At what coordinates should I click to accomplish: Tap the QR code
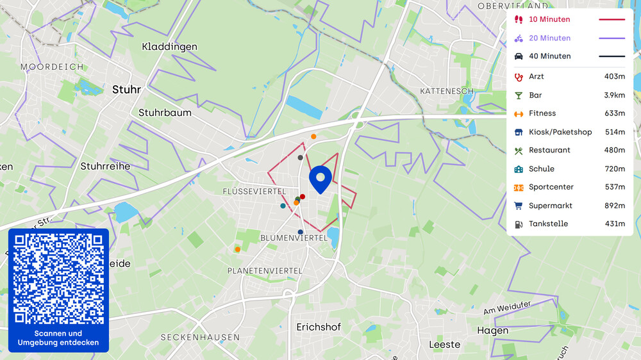58,279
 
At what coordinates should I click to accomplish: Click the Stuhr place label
126,90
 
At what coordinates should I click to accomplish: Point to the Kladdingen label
169,47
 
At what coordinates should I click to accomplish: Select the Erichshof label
319,327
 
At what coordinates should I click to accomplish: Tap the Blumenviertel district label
294,238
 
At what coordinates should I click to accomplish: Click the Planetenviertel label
265,271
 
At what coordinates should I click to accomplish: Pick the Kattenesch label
447,91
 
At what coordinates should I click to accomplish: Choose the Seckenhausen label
200,337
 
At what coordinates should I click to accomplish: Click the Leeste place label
444,344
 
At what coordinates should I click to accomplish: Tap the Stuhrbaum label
165,113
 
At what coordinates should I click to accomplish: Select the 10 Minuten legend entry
549,19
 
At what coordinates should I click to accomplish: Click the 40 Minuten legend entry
549,56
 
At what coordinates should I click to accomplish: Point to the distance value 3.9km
614,95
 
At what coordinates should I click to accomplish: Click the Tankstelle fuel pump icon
519,224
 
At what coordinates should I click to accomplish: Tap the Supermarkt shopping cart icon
519,206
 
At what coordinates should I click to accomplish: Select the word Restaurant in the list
549,150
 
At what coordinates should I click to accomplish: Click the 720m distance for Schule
614,168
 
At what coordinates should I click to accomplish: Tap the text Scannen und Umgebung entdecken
58,338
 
